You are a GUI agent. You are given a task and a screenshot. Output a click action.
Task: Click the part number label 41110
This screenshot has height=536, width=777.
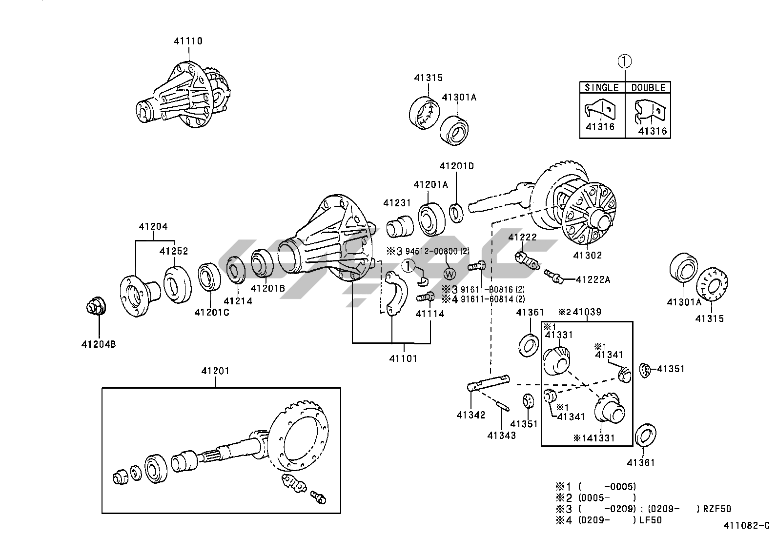[188, 41]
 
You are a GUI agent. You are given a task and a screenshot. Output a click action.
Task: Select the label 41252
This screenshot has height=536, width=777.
[174, 251]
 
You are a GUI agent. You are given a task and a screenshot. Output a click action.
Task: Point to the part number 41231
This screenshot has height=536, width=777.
[397, 203]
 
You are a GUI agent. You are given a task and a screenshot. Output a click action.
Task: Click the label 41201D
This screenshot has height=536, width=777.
[456, 166]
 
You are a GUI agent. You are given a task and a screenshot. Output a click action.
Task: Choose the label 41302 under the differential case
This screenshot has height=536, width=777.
[588, 255]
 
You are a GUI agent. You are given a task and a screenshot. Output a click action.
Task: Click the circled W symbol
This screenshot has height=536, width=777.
[450, 274]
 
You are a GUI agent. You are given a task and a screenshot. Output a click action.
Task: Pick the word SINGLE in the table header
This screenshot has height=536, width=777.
[602, 87]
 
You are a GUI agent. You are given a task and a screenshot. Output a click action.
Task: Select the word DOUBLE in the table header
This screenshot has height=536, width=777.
[648, 87]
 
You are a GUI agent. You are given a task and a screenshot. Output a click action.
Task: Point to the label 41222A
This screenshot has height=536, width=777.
[593, 279]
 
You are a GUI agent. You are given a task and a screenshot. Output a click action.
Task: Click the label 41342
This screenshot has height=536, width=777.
[471, 415]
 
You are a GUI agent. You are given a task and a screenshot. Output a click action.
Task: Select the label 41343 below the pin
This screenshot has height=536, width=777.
[501, 435]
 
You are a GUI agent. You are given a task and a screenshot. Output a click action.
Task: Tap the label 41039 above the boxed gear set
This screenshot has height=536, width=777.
[587, 312]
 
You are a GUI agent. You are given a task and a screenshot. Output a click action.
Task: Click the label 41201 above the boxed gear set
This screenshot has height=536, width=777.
[215, 371]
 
